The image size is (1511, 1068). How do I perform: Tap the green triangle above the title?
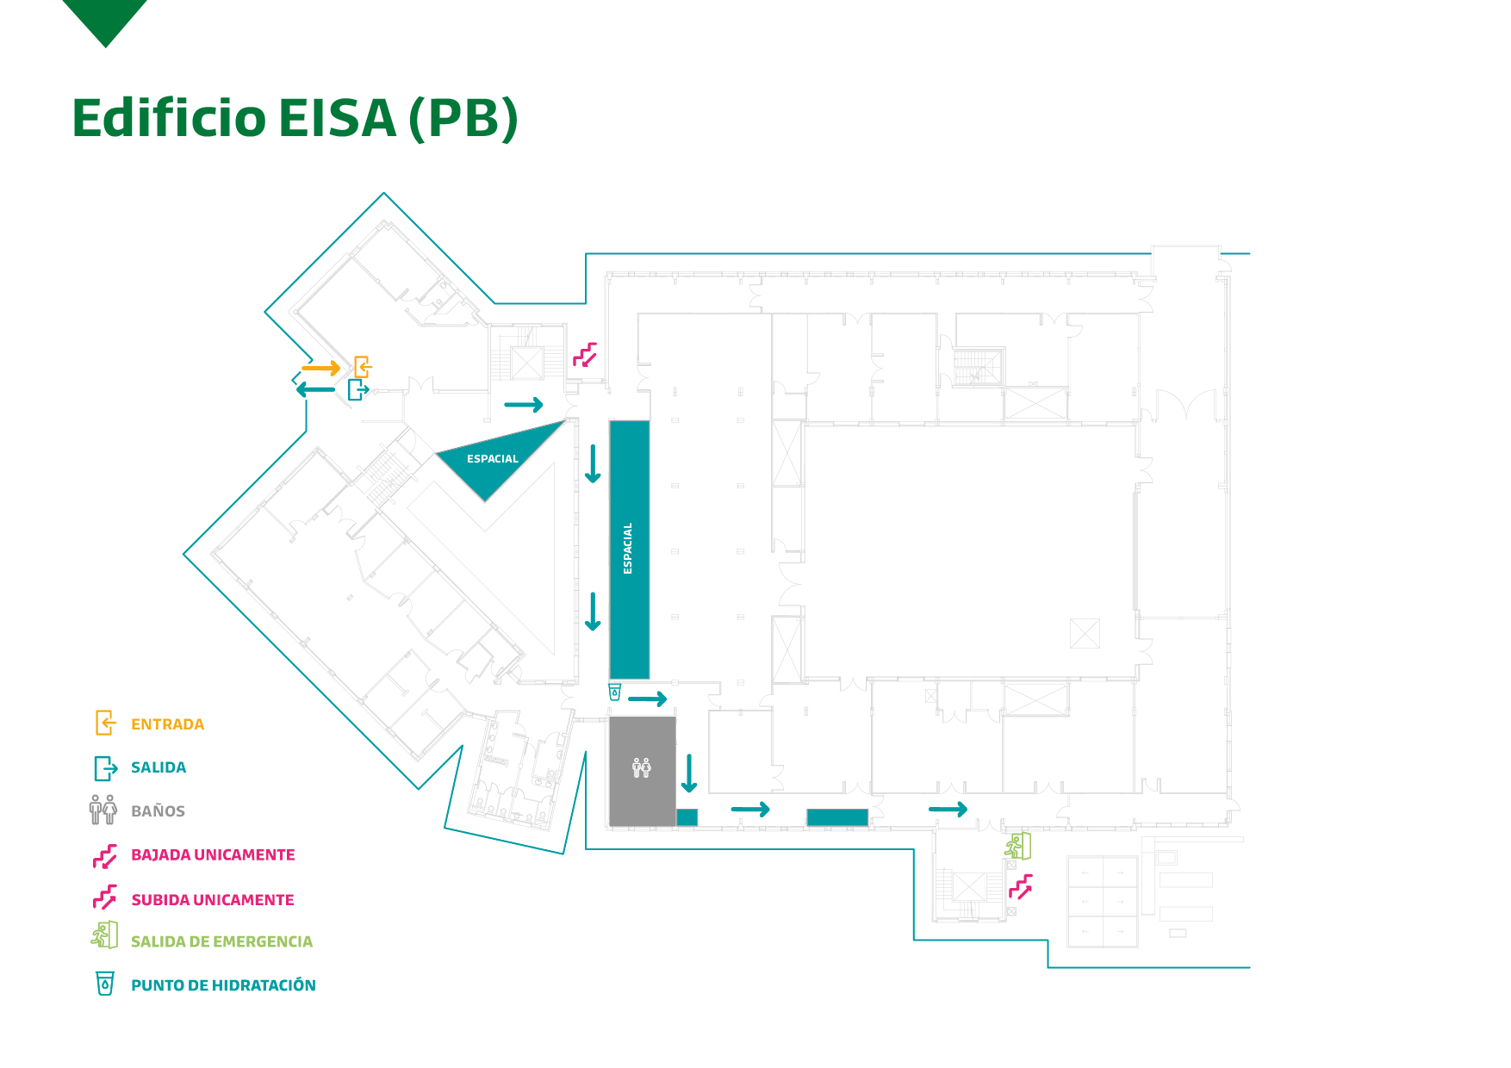tap(105, 19)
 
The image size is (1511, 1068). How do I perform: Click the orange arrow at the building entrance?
tap(320, 369)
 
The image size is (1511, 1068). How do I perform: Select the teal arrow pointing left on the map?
tap(315, 390)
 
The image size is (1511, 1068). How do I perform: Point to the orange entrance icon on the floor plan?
tap(363, 367)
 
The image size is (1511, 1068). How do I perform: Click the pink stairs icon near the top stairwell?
tap(586, 355)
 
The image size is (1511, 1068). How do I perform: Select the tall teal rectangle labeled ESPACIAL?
tap(629, 549)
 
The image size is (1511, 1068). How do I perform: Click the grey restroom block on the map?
tap(642, 771)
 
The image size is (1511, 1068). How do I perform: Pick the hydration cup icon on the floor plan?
tap(614, 692)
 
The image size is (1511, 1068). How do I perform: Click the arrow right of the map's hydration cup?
tap(648, 699)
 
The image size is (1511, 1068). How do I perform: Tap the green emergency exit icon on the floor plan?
tap(1018, 846)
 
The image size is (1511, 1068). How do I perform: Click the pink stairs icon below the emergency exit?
tap(1021, 886)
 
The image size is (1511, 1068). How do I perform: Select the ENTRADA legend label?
tap(167, 724)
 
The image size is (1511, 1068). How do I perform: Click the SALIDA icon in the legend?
tap(105, 767)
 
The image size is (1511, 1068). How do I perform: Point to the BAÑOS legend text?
tap(158, 811)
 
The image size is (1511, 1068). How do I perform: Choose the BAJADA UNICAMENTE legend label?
tap(213, 855)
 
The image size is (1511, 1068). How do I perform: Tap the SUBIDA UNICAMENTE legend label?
tap(213, 900)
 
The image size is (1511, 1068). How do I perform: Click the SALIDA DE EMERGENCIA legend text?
tap(221, 942)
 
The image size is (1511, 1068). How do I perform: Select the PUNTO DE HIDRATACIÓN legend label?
tap(223, 985)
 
